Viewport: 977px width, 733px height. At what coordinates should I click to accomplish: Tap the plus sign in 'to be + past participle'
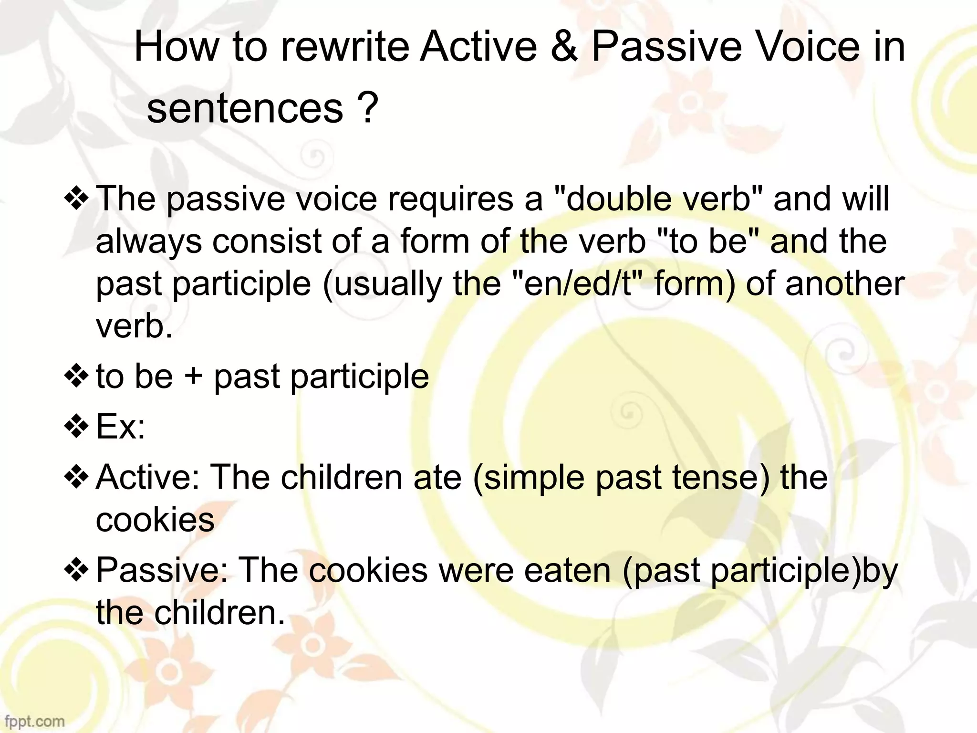[x=193, y=377]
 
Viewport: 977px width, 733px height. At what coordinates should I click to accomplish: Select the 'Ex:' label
[x=121, y=427]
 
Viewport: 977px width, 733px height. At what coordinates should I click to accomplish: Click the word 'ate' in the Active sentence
[x=437, y=477]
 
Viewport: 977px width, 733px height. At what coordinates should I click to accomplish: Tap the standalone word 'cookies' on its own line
[x=155, y=520]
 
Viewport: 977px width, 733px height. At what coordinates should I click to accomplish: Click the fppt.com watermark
[x=32, y=721]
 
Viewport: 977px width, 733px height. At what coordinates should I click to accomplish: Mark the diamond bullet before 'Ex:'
[x=76, y=426]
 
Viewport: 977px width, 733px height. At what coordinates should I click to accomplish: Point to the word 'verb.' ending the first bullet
[x=134, y=326]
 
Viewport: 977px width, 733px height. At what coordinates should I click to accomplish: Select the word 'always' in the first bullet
[x=148, y=242]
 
